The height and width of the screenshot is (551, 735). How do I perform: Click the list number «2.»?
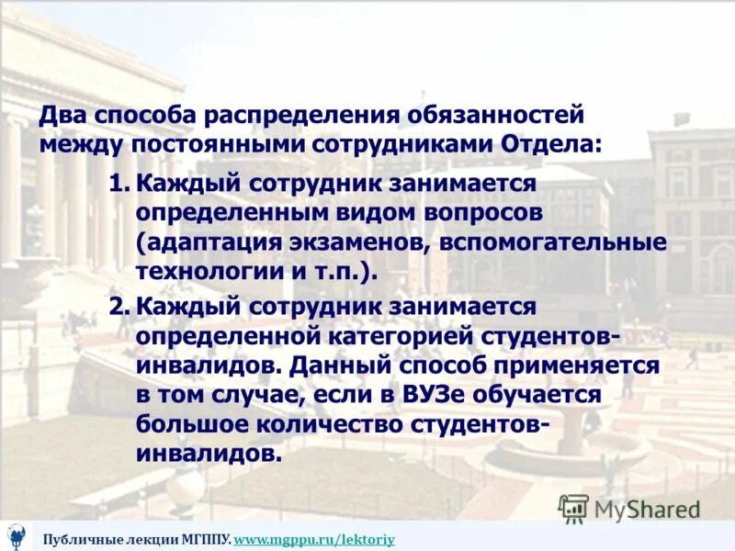(x=119, y=306)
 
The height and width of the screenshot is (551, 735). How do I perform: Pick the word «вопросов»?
(x=473, y=212)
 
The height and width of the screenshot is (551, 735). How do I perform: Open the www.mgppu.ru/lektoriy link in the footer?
(x=314, y=539)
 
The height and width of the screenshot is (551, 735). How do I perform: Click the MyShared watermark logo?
(x=630, y=508)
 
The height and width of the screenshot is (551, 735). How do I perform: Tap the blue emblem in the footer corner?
(x=17, y=534)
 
